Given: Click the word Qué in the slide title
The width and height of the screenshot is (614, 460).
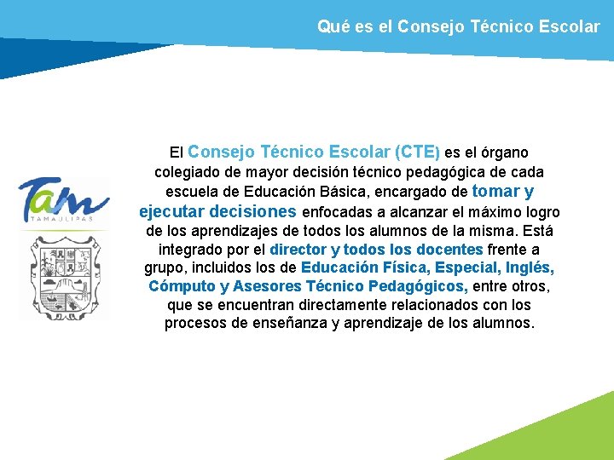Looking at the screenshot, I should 332,26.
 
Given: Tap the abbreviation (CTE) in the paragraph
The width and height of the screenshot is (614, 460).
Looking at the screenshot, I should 417,152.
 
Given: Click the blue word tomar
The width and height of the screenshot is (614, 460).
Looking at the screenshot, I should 495,191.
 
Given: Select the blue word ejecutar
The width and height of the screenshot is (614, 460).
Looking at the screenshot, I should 171,211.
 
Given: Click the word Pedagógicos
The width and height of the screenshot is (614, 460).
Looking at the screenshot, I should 418,287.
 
